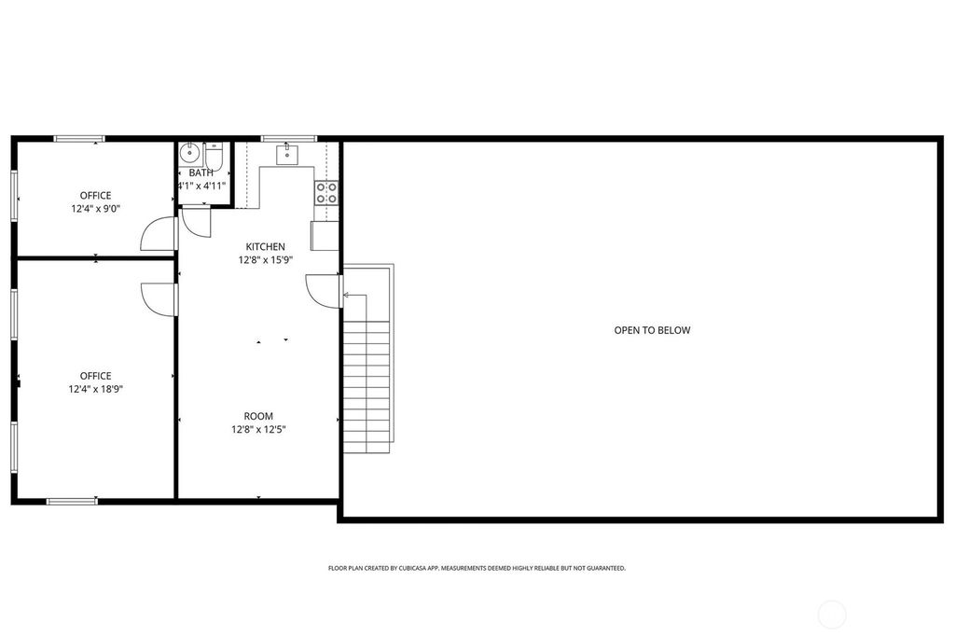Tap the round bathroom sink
tap(189, 152)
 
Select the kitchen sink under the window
tap(285, 154)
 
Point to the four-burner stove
tap(326, 193)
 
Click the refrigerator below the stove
tap(325, 236)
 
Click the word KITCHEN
tap(265, 247)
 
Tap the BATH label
tap(201, 173)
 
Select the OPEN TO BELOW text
tap(652, 330)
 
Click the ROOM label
tap(258, 416)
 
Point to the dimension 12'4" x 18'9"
tap(95, 390)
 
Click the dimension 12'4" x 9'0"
tap(95, 209)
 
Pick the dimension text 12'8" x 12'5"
tap(258, 430)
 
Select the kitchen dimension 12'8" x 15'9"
tap(265, 260)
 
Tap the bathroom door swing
tap(196, 221)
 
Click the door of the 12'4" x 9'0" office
tap(159, 235)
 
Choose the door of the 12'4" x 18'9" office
tap(159, 298)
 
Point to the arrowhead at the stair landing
tap(346, 296)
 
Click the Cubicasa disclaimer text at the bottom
tap(477, 568)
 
